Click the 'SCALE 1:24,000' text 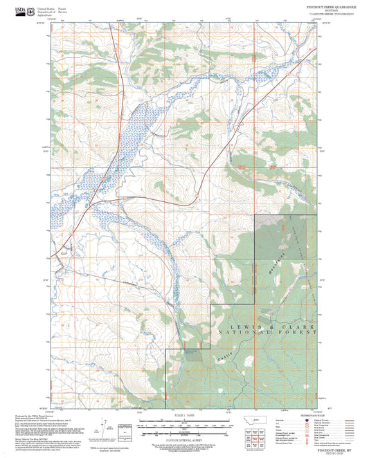(184, 414)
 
